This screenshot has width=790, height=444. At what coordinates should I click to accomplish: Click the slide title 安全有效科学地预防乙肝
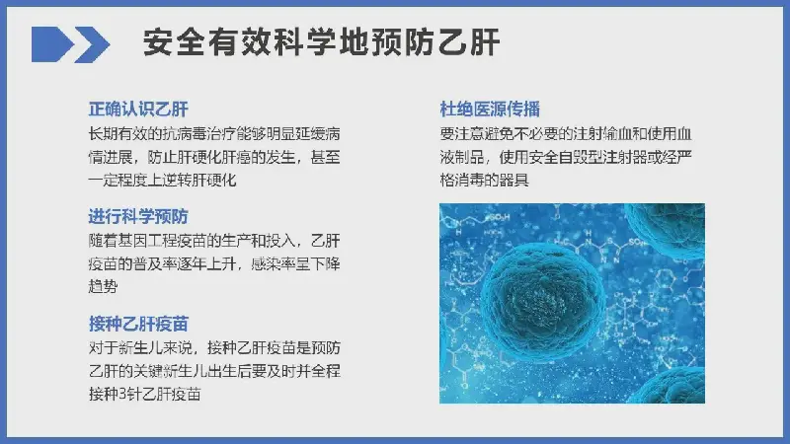click(x=321, y=42)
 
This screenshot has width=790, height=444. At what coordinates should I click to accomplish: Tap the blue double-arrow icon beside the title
click(x=70, y=44)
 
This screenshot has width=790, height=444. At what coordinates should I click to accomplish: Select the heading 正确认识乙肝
click(x=138, y=110)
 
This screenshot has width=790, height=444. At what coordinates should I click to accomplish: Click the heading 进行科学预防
click(x=138, y=216)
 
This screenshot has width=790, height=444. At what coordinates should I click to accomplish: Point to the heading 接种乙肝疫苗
click(x=138, y=324)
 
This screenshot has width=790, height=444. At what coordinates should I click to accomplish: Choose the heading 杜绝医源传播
click(x=490, y=110)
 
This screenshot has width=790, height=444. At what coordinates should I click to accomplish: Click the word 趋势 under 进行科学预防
click(x=104, y=287)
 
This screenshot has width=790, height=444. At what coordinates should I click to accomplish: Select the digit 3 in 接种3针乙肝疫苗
click(x=122, y=394)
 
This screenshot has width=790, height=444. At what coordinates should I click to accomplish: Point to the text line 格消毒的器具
click(x=484, y=180)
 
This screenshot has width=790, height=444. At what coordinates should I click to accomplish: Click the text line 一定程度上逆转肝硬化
click(x=162, y=180)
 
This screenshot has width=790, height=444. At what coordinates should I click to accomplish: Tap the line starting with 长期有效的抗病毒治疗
click(x=214, y=133)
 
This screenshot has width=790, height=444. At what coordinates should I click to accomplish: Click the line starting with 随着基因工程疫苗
click(x=214, y=241)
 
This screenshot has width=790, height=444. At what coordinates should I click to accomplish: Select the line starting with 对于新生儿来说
click(x=214, y=348)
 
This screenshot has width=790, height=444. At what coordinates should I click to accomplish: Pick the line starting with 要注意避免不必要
click(x=566, y=133)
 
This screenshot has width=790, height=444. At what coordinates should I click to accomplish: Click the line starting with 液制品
click(x=566, y=157)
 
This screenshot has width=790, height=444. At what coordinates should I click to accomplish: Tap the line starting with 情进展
click(x=214, y=157)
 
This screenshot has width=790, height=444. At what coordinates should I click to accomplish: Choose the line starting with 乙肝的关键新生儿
click(x=214, y=371)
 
